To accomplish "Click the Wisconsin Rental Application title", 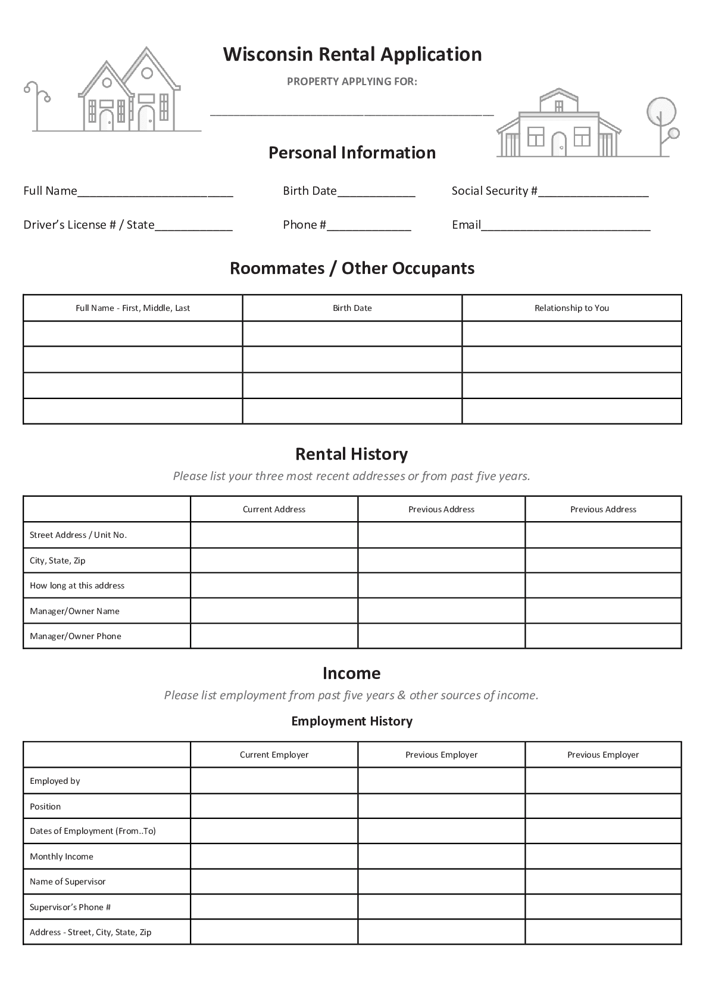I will pos(352,54).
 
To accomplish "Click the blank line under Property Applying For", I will pos(352,112).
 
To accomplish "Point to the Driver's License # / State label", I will pos(89,225).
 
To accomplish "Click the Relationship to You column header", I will pos(571,308).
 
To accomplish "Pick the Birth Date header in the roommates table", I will pos(352,308).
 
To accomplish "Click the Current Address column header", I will pos(274,509).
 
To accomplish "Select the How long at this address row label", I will pos(77,585).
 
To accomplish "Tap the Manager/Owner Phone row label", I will pos(75,636).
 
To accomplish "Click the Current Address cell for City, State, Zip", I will pos(274,560).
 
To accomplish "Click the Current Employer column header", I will pos(274,755).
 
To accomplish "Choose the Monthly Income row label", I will pos(61,856).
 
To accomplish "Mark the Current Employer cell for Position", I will pos(274,806).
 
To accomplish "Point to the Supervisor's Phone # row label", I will pos(70,907).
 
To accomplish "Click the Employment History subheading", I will pos(352,721).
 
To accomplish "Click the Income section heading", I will pos(351,673).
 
